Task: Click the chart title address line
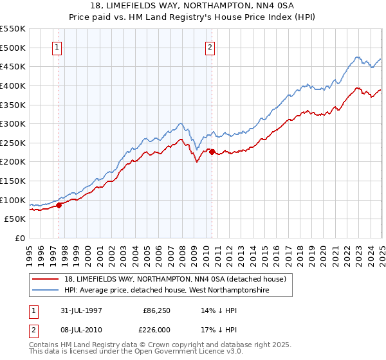[x=193, y=6]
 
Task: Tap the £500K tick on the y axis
[x=13, y=48]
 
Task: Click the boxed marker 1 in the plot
[x=58, y=46]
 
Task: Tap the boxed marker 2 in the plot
[x=210, y=46]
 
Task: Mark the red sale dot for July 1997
[x=59, y=205]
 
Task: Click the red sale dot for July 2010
[x=212, y=152]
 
